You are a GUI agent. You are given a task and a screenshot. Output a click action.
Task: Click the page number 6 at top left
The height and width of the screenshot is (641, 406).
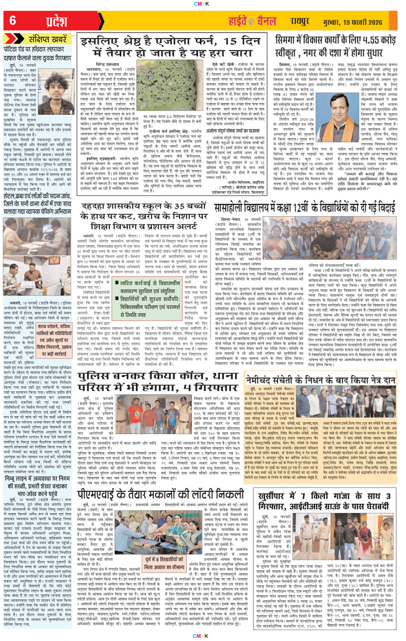[x=12, y=20]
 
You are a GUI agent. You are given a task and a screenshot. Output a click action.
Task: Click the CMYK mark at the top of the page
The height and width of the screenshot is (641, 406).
[x=203, y=4]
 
